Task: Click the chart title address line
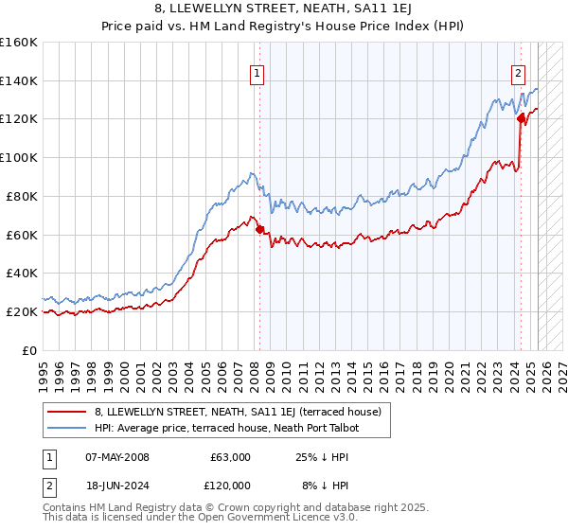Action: click(284, 9)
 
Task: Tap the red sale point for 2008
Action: click(258, 228)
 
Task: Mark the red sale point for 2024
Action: click(521, 118)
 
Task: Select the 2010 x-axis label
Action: click(296, 368)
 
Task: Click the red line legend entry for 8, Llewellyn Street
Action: click(237, 412)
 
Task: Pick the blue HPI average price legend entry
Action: click(227, 428)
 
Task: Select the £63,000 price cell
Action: click(230, 457)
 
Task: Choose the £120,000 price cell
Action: click(230, 486)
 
